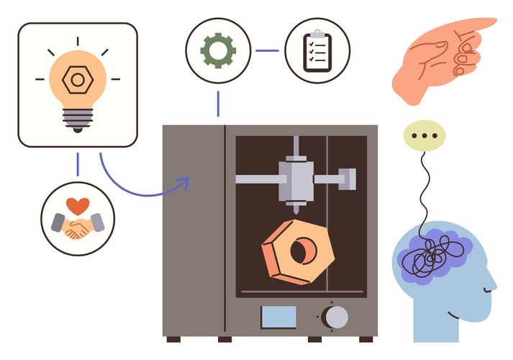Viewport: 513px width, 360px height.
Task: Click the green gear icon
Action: pos(218,50)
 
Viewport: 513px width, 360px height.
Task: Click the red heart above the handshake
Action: pos(78,204)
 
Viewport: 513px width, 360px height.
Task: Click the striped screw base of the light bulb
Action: pos(76,121)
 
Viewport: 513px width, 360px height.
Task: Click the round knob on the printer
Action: pos(335,316)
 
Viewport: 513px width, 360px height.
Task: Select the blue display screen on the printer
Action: pos(278,316)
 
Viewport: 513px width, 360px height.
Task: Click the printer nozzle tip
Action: pos(296,208)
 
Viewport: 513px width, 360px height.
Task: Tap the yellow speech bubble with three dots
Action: pos(425,135)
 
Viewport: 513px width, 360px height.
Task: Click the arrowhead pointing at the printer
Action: pos(184,185)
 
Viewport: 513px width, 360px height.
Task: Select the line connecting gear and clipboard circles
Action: pos(267,50)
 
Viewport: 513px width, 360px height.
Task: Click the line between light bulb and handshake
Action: pos(78,165)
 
